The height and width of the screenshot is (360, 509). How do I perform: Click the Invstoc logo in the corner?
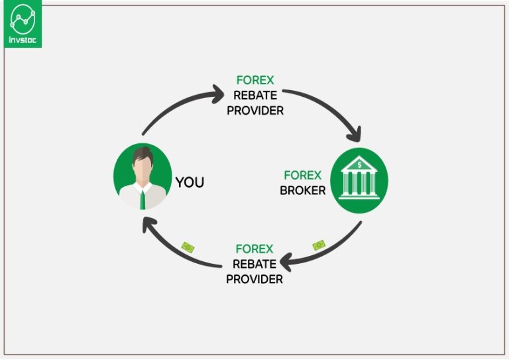[x=23, y=23]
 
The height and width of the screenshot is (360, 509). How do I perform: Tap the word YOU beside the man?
[x=190, y=182]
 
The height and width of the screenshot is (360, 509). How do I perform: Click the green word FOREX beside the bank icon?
[x=302, y=176]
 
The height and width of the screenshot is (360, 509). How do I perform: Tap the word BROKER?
[x=303, y=190]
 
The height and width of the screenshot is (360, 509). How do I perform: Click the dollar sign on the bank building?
[x=359, y=164]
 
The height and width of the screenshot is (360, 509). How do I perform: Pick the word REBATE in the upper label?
[x=255, y=95]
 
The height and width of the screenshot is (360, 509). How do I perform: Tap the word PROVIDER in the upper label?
[x=255, y=110]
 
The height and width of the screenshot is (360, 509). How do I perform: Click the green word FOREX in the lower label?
[x=254, y=249]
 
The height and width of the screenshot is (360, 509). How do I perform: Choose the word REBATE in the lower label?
[x=254, y=264]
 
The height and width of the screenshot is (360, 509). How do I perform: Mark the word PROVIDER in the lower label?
[x=254, y=279]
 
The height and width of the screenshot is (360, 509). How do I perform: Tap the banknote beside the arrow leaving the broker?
[x=319, y=245]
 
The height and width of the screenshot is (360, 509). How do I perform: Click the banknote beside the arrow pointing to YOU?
[x=188, y=248]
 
